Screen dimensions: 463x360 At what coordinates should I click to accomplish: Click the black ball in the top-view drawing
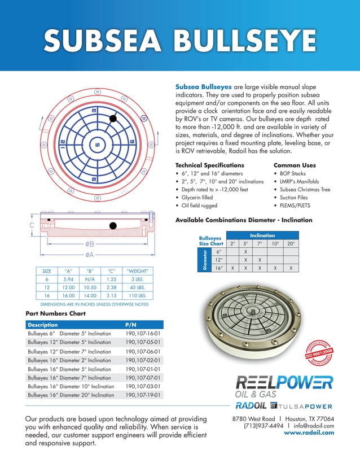tap(113, 119)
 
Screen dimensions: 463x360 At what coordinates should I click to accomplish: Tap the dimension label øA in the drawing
tap(90, 255)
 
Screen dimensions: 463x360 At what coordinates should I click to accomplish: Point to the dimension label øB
tap(90, 244)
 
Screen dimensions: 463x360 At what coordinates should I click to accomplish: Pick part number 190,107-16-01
tap(143, 334)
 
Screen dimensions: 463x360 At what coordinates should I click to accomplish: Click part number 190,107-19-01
tap(143, 395)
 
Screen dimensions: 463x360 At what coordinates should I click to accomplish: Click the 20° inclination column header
tap(291, 243)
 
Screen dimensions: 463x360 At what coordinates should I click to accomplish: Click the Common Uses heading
tap(294, 165)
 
